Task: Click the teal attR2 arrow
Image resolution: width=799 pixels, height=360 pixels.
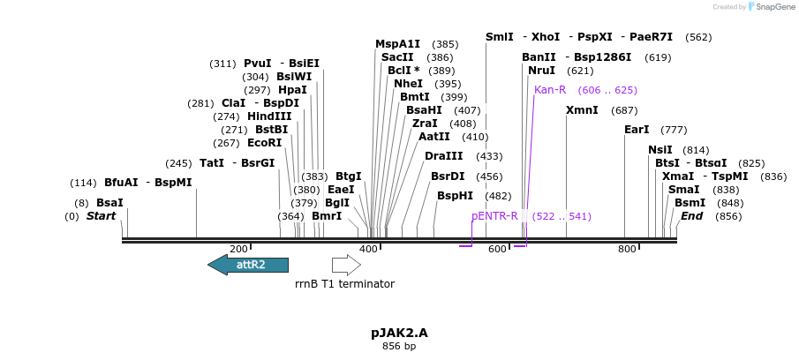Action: click(248, 266)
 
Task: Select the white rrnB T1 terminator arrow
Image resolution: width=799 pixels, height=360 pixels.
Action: click(346, 266)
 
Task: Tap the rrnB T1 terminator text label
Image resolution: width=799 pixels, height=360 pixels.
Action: click(344, 283)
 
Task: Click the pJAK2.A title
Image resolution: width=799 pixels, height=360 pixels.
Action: click(399, 333)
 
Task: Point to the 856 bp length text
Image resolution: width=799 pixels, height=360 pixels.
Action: click(399, 347)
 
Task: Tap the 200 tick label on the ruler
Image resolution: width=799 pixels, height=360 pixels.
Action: click(238, 249)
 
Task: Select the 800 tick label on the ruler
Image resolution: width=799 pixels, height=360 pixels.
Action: click(627, 249)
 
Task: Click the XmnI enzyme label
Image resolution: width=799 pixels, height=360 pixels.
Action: click(582, 110)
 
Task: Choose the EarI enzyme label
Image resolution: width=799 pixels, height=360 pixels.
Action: click(637, 130)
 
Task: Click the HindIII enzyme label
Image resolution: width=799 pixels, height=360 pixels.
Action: click(269, 116)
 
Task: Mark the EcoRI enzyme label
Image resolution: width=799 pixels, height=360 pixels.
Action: click(265, 143)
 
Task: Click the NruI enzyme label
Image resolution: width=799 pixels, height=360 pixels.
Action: click(542, 71)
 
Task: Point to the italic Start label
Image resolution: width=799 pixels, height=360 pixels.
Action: click(101, 216)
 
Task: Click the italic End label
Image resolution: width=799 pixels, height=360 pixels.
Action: click(691, 216)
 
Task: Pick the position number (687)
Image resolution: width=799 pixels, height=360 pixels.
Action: click(624, 110)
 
